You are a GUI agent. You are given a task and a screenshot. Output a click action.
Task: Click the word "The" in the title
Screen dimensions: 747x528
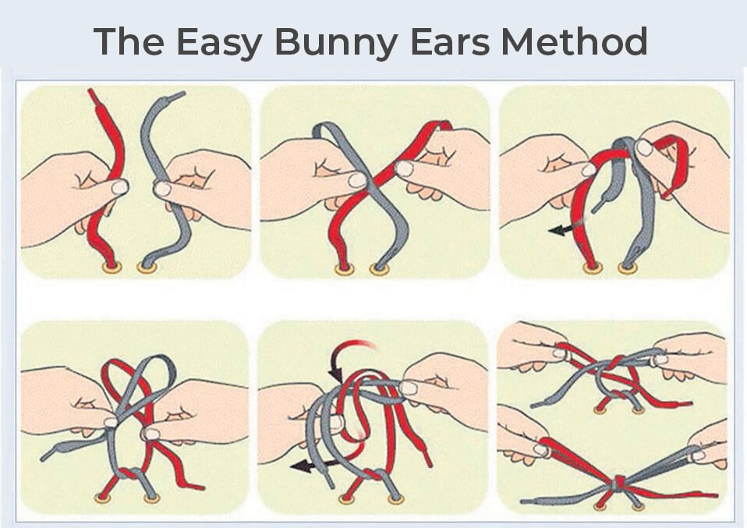click(x=129, y=41)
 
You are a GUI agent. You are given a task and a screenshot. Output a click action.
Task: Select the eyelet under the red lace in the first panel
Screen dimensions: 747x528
click(x=112, y=268)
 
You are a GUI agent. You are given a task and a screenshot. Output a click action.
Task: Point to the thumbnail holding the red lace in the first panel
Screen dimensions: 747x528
click(x=119, y=187)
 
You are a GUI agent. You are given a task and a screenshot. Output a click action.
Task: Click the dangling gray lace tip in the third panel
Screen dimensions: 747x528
click(x=596, y=208)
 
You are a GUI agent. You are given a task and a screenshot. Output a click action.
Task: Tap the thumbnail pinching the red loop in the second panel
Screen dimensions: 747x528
click(x=405, y=168)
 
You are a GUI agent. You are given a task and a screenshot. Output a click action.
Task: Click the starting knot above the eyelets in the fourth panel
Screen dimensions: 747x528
click(x=128, y=475)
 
